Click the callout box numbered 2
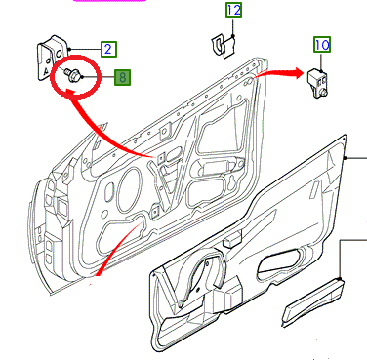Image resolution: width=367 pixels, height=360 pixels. click(108, 49)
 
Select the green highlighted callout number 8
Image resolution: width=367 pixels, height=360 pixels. click(122, 77)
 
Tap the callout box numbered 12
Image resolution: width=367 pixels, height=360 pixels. click(234, 10)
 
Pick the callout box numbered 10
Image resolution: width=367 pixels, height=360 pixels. click(322, 44)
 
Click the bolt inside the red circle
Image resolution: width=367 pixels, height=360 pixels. click(72, 74)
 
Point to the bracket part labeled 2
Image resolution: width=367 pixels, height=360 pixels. click(52, 57)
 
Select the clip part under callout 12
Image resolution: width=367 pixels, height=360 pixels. click(224, 47)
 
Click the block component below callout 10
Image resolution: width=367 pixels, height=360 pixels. click(317, 83)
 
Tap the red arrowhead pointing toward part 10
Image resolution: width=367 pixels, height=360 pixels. click(299, 73)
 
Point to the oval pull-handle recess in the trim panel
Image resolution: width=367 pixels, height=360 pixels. click(281, 263)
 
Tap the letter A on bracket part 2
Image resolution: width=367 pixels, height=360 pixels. click(47, 70)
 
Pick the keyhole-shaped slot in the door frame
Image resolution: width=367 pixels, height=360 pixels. click(231, 183)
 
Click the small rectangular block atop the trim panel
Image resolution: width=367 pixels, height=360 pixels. click(232, 241)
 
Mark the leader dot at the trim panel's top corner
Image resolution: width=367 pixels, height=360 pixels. click(345, 158)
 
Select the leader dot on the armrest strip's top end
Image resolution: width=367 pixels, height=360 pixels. click(340, 279)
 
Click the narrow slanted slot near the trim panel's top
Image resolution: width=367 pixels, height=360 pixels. click(314, 189)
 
